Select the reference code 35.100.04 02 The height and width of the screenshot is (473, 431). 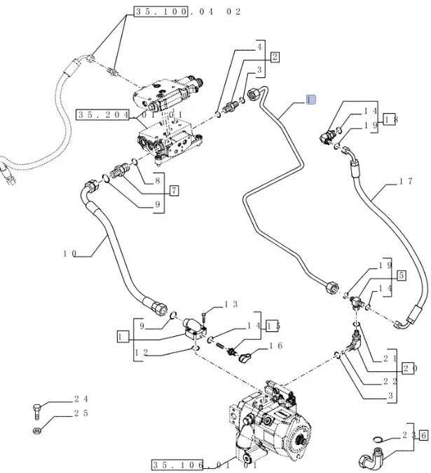tap(186, 12)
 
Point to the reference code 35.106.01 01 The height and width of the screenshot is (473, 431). tap(204, 464)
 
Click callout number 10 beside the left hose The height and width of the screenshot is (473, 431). tap(69, 253)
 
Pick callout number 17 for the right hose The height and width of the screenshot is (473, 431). tap(405, 182)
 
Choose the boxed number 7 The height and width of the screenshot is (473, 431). tap(174, 190)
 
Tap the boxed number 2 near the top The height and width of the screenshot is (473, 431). tap(275, 58)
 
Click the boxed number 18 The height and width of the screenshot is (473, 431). tap(391, 119)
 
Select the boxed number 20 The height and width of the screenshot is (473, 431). tap(410, 368)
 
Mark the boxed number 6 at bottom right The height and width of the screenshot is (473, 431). tap(423, 435)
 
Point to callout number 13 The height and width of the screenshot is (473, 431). tap(231, 305)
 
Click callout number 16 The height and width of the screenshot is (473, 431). tap(276, 346)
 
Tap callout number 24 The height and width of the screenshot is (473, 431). tap(81, 399)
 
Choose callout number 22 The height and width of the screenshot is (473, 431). tap(390, 381)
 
